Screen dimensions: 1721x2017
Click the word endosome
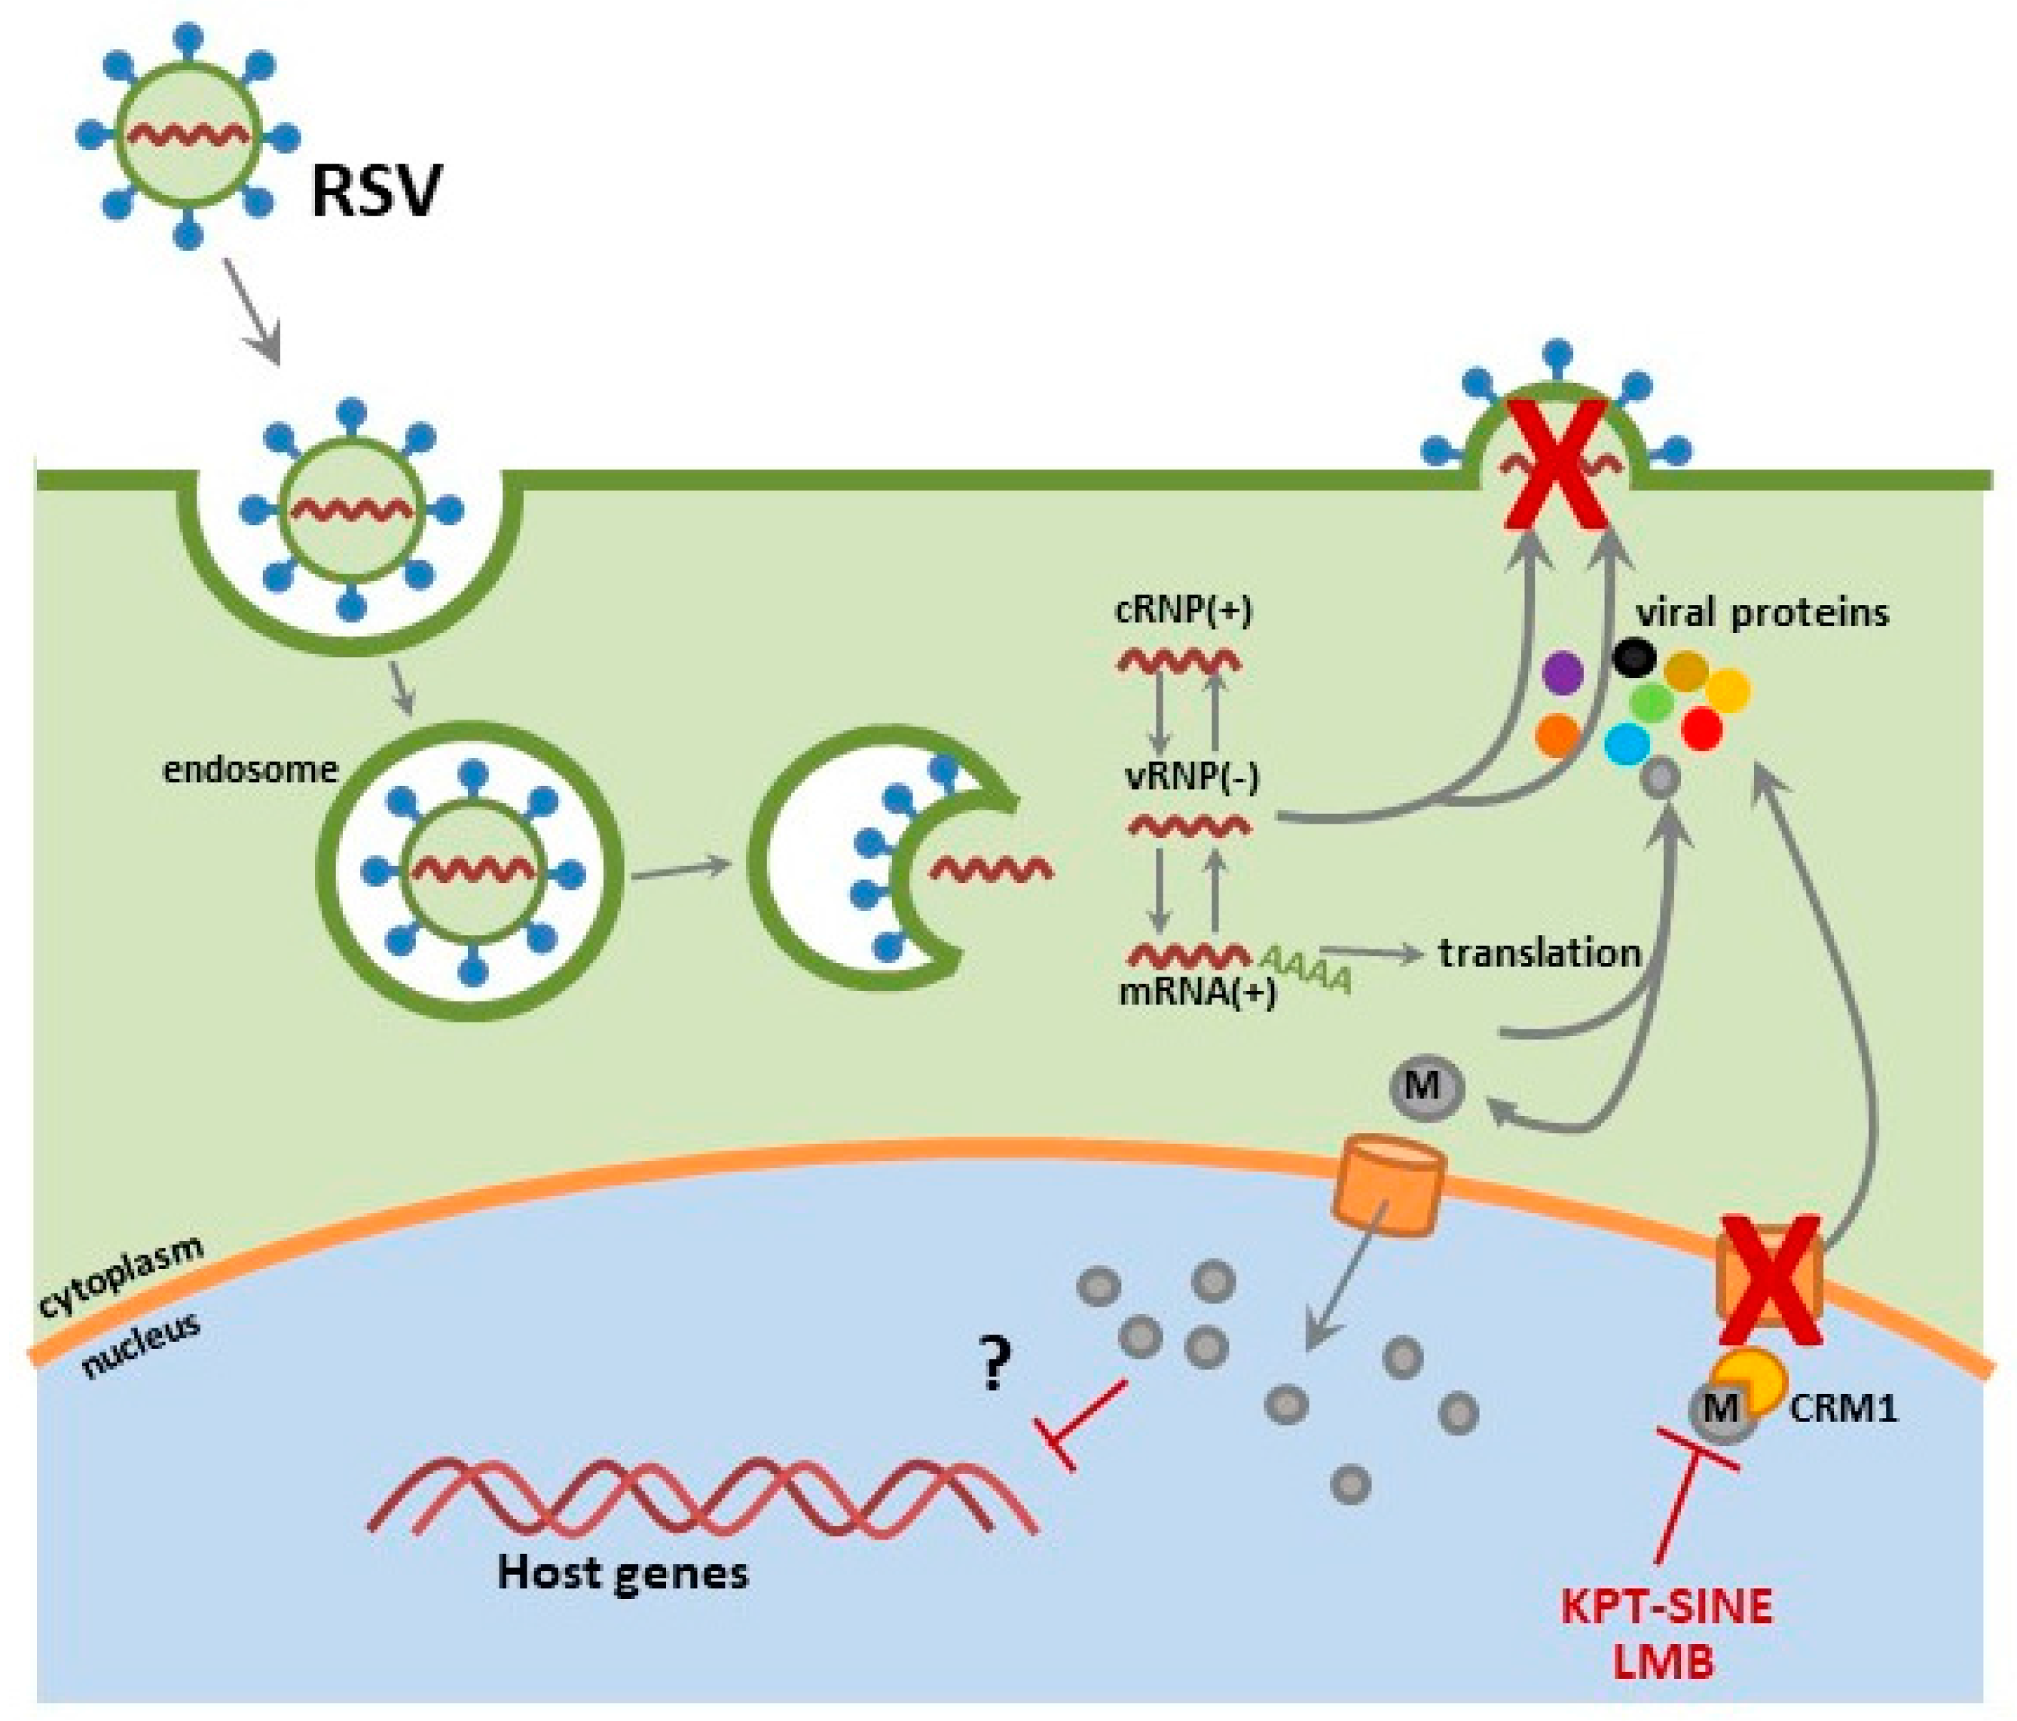click(x=250, y=770)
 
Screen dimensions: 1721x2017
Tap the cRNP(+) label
click(x=1184, y=610)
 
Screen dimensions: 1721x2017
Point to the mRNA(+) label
click(x=1197, y=993)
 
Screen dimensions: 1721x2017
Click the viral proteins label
click(x=1762, y=613)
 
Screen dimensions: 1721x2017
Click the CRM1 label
click(x=1844, y=1408)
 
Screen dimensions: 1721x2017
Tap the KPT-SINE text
click(x=1667, y=1607)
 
